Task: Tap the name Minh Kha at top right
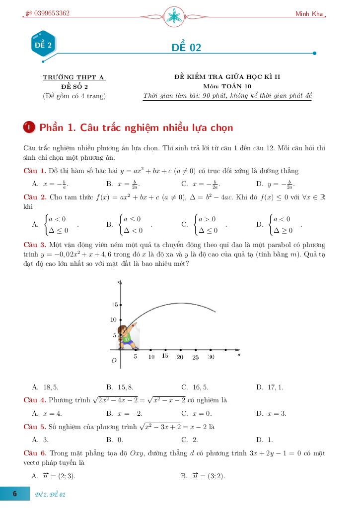[309, 13]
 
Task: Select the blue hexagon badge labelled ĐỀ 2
[43, 45]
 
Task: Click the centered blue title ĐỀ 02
[186, 48]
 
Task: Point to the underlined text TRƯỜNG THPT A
[74, 77]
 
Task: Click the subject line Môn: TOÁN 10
[227, 86]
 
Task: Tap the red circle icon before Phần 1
[29, 127]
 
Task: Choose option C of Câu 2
[204, 224]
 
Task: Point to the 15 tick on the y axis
[115, 304]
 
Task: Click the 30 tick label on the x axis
[211, 357]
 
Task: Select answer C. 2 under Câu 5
[190, 440]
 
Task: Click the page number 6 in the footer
[15, 494]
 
